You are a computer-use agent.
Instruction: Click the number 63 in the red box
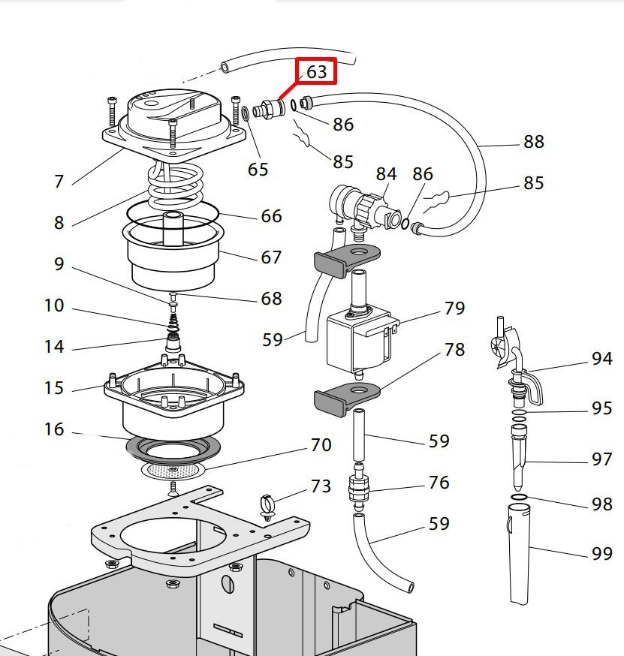pyautogui.click(x=316, y=71)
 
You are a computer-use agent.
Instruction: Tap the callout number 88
pyautogui.click(x=533, y=141)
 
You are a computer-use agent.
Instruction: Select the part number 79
pyautogui.click(x=454, y=308)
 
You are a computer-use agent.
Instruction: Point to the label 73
pyautogui.click(x=321, y=486)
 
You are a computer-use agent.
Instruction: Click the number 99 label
pyautogui.click(x=601, y=554)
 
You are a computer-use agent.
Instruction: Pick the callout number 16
pyautogui.click(x=54, y=429)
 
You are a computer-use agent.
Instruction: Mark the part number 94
pyautogui.click(x=601, y=359)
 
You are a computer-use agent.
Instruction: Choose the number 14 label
pyautogui.click(x=54, y=347)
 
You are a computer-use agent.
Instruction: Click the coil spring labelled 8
pyautogui.click(x=175, y=188)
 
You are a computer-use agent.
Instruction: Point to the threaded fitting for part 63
pyautogui.click(x=267, y=110)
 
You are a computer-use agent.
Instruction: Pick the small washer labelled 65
pyautogui.click(x=246, y=114)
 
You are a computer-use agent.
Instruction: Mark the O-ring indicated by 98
pyautogui.click(x=518, y=497)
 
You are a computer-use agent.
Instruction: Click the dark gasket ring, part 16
pyautogui.click(x=173, y=449)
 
